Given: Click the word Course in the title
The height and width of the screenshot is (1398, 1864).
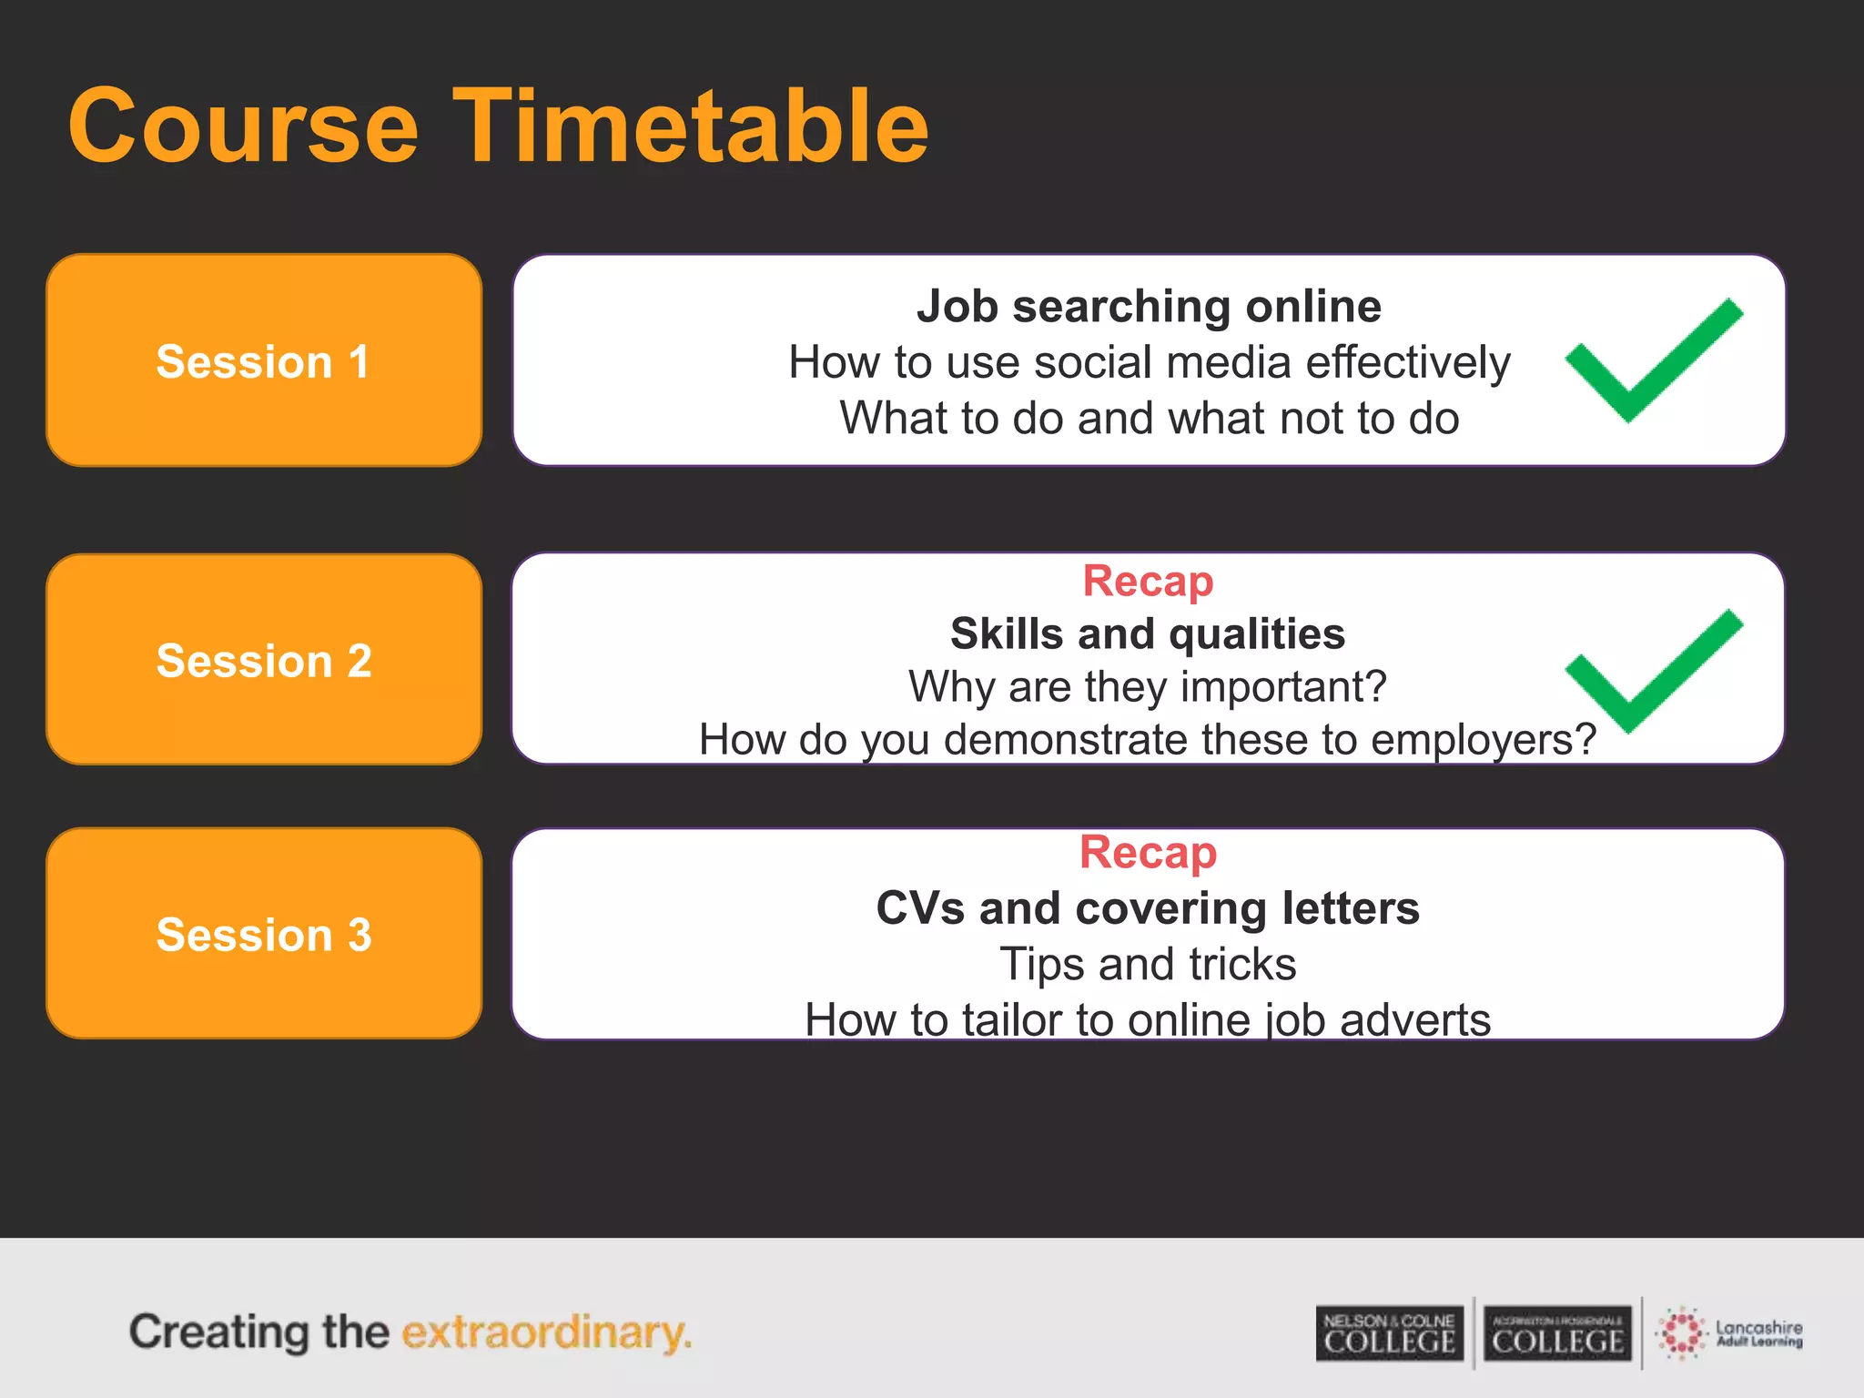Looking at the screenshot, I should (243, 127).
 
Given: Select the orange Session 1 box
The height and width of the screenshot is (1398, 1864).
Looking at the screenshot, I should (264, 360).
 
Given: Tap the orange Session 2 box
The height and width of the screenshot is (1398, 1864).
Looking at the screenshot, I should (264, 660).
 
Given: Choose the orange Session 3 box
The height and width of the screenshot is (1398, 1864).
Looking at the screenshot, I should (264, 934).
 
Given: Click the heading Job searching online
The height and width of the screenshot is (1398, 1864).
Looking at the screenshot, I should (1149, 306).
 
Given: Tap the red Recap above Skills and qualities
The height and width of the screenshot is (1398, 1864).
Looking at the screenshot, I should (1148, 581).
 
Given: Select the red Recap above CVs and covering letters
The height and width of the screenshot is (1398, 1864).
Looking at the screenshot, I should (1148, 853).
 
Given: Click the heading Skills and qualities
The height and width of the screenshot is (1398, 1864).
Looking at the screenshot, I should (1148, 633).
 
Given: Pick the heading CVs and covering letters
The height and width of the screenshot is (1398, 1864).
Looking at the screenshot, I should (1148, 908).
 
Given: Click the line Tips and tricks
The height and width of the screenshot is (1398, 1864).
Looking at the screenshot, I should (1148, 964).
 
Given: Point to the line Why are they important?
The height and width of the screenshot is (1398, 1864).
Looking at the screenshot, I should (1148, 686).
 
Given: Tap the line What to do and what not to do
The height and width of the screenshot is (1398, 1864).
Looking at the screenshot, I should (1149, 419).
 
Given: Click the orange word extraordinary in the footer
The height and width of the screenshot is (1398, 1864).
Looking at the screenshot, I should (546, 1332).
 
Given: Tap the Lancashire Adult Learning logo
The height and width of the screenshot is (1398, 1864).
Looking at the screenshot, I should (1729, 1334).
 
